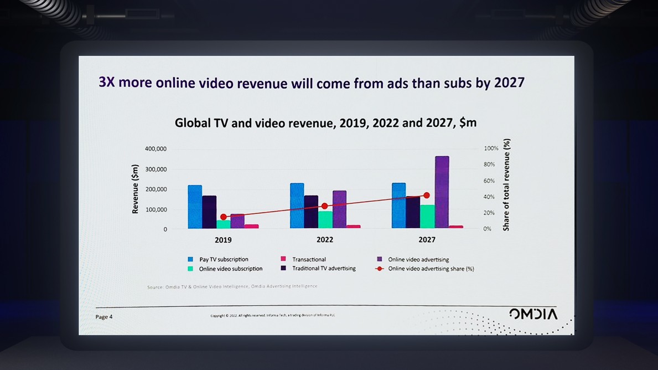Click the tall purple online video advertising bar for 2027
[442, 192]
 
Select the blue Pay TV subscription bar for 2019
[195, 207]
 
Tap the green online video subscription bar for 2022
[325, 219]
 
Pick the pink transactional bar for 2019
[252, 226]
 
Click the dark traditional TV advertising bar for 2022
[311, 211]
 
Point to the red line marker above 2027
[426, 196]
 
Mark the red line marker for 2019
[224, 217]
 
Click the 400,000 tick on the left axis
[156, 149]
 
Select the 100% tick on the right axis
[491, 148]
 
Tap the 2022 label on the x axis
[324, 240]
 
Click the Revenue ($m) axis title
[134, 189]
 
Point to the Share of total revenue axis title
[506, 185]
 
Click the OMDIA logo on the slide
[533, 314]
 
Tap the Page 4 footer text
[104, 317]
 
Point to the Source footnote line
[232, 286]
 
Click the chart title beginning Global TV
[325, 122]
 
